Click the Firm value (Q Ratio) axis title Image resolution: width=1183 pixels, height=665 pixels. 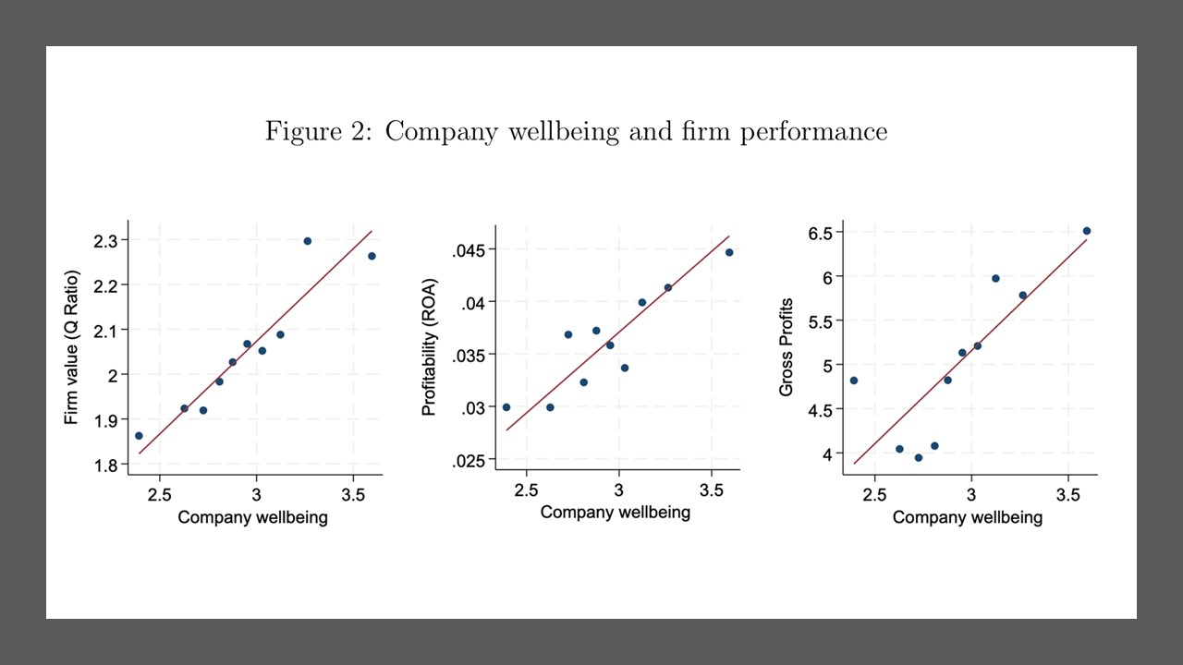(x=72, y=347)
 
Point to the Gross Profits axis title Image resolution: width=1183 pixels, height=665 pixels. (x=787, y=347)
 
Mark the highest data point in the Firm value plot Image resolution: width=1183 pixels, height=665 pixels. (x=308, y=241)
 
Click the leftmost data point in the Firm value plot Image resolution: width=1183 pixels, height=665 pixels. (x=139, y=436)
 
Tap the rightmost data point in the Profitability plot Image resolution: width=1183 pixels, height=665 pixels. (x=729, y=252)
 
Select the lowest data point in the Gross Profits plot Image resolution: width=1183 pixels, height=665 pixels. (x=919, y=457)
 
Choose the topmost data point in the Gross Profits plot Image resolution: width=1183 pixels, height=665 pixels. (x=1087, y=231)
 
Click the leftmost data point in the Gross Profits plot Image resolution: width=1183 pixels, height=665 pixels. (x=854, y=381)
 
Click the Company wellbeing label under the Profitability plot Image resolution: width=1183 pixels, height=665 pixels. (x=615, y=512)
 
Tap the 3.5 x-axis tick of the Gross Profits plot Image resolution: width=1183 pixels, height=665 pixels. (x=1068, y=494)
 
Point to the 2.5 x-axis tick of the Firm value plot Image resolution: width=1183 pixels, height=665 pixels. (x=160, y=492)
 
